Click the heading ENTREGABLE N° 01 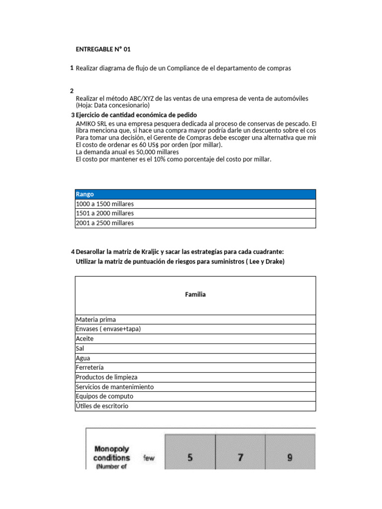click(103, 49)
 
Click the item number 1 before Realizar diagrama click(72, 68)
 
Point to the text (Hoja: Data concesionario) click(112, 105)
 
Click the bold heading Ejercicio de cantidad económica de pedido click(136, 115)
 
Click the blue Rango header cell click(195, 194)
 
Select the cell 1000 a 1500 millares click(195, 204)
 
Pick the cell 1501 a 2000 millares click(195, 213)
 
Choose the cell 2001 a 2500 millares click(195, 223)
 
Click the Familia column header click(195, 295)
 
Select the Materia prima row click(195, 320)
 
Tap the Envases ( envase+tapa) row click(195, 329)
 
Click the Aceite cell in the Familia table click(195, 339)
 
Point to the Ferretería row click(195, 367)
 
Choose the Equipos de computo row click(195, 396)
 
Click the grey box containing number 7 click(240, 457)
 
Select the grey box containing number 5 click(190, 457)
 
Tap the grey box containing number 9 click(290, 457)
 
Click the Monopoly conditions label click(112, 453)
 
